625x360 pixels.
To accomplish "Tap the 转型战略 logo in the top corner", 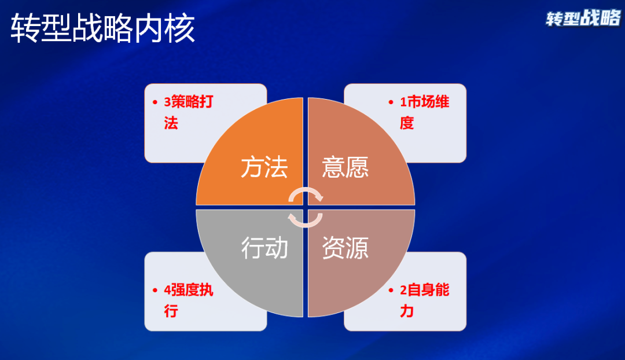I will (583, 19).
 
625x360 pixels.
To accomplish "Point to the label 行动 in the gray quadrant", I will (264, 248).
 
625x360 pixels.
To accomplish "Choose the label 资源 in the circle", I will (345, 248).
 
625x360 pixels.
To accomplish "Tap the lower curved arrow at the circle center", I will (304, 218).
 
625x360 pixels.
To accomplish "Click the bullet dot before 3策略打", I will (155, 102).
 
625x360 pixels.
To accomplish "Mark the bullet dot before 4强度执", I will (155, 291).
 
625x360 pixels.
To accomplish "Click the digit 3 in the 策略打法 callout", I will (167, 102).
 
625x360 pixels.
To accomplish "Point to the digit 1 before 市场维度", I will (404, 102).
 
